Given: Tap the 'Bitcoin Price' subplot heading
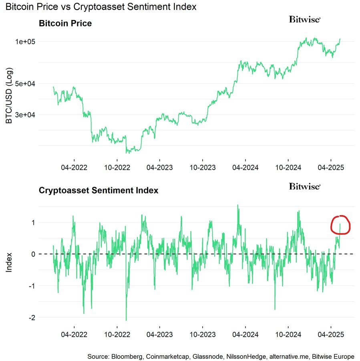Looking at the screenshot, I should tap(65, 23).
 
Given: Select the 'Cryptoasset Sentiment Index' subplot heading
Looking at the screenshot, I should tap(99, 190).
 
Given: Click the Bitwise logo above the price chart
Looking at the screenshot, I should tap(305, 19).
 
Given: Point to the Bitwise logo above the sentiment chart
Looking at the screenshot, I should tap(305, 186).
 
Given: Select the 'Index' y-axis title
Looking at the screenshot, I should tap(9, 262).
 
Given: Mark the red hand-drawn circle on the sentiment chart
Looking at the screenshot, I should tap(340, 225).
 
